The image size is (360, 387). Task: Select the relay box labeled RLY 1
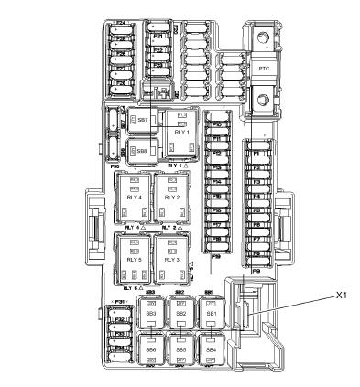pos(180,131)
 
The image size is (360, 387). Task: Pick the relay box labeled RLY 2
pos(172,196)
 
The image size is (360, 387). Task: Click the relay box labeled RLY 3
pos(172,259)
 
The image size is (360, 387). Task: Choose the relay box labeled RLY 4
pos(134,196)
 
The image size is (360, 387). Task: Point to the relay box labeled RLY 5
pos(134,259)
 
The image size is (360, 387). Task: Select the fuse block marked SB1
pos(212,314)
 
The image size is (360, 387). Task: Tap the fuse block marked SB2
pos(181,314)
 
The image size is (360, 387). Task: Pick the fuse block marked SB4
pos(212,349)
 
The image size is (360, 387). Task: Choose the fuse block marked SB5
pos(181,349)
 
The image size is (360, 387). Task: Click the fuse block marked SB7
pos(141,121)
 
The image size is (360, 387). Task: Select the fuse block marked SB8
pos(141,149)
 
